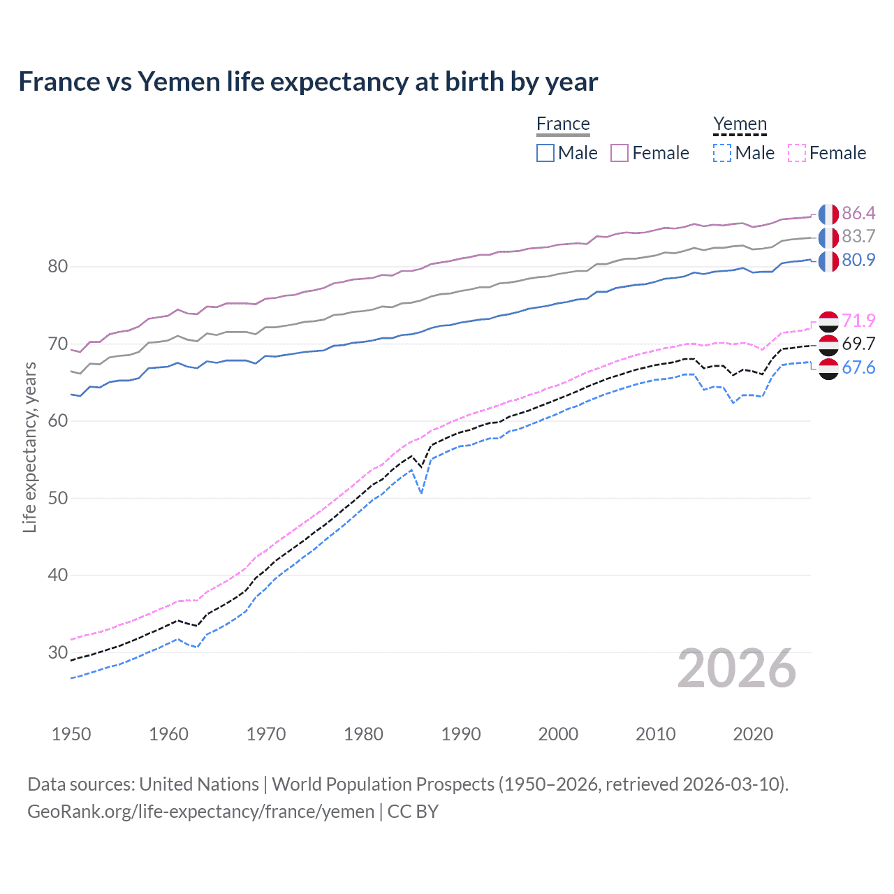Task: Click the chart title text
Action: pos(308,82)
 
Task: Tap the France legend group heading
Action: pos(563,124)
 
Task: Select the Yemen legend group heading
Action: pos(740,124)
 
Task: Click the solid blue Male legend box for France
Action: pos(545,153)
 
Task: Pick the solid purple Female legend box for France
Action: pos(620,153)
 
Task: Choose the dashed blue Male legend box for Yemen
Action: pos(722,153)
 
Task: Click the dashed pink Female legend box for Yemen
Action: pos(796,153)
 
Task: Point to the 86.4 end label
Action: pos(858,213)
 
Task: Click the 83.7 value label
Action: pos(858,237)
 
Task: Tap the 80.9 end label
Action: pos(858,261)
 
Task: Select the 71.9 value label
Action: pos(858,321)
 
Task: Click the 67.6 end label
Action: pos(858,368)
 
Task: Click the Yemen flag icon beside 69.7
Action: pos(828,344)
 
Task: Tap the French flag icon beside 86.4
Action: pos(828,214)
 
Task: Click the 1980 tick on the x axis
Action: pos(363,734)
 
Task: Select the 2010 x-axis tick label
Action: pos(655,734)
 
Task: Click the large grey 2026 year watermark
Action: pos(736,668)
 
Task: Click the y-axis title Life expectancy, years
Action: pos(29,447)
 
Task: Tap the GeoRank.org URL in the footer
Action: pos(200,812)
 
